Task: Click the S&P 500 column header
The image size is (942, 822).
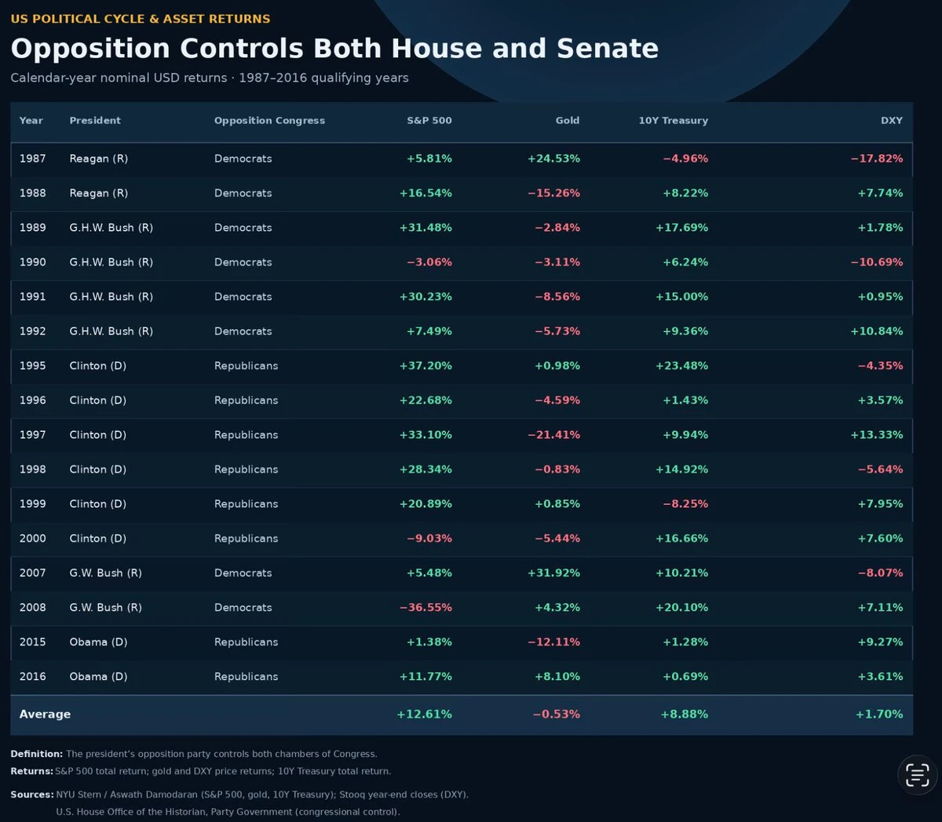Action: click(429, 121)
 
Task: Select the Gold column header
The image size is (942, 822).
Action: click(568, 121)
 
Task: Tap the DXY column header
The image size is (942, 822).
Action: click(891, 121)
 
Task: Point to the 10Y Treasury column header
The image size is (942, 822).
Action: click(673, 121)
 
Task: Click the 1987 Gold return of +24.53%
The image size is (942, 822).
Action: click(553, 159)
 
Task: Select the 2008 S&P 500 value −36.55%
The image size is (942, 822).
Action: click(425, 608)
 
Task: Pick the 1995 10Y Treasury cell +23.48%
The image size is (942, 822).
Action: click(682, 366)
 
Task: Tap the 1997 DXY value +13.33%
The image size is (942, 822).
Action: click(877, 435)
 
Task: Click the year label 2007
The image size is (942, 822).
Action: click(33, 573)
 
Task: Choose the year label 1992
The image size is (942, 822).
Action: click(33, 331)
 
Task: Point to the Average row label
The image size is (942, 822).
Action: click(45, 714)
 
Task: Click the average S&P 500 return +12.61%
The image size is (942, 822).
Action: click(424, 714)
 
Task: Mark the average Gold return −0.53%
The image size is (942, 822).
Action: click(557, 714)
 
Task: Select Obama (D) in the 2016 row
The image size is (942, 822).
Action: click(98, 677)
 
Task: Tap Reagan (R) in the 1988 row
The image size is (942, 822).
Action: click(99, 193)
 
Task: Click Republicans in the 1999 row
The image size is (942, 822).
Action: click(246, 504)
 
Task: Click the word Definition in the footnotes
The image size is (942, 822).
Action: click(36, 754)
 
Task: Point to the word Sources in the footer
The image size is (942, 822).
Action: click(32, 795)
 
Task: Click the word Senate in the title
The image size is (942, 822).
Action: click(608, 49)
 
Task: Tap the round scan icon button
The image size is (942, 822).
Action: click(917, 775)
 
